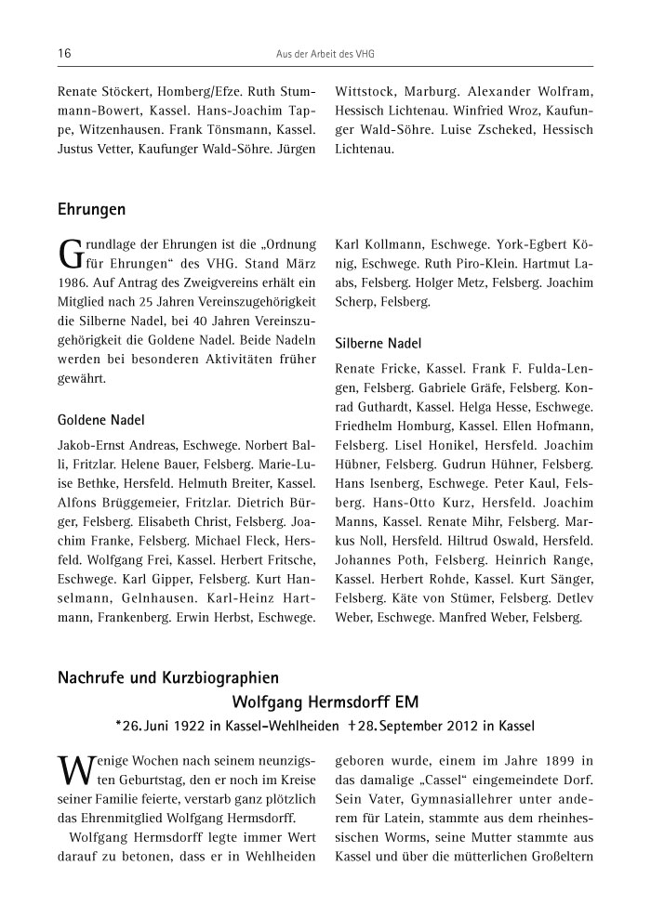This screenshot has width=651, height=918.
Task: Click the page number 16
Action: click(x=64, y=54)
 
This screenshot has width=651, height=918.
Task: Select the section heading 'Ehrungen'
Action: click(x=91, y=210)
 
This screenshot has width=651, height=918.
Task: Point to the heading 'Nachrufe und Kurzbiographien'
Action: click(x=167, y=679)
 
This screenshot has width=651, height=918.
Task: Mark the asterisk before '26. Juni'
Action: click(x=119, y=723)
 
